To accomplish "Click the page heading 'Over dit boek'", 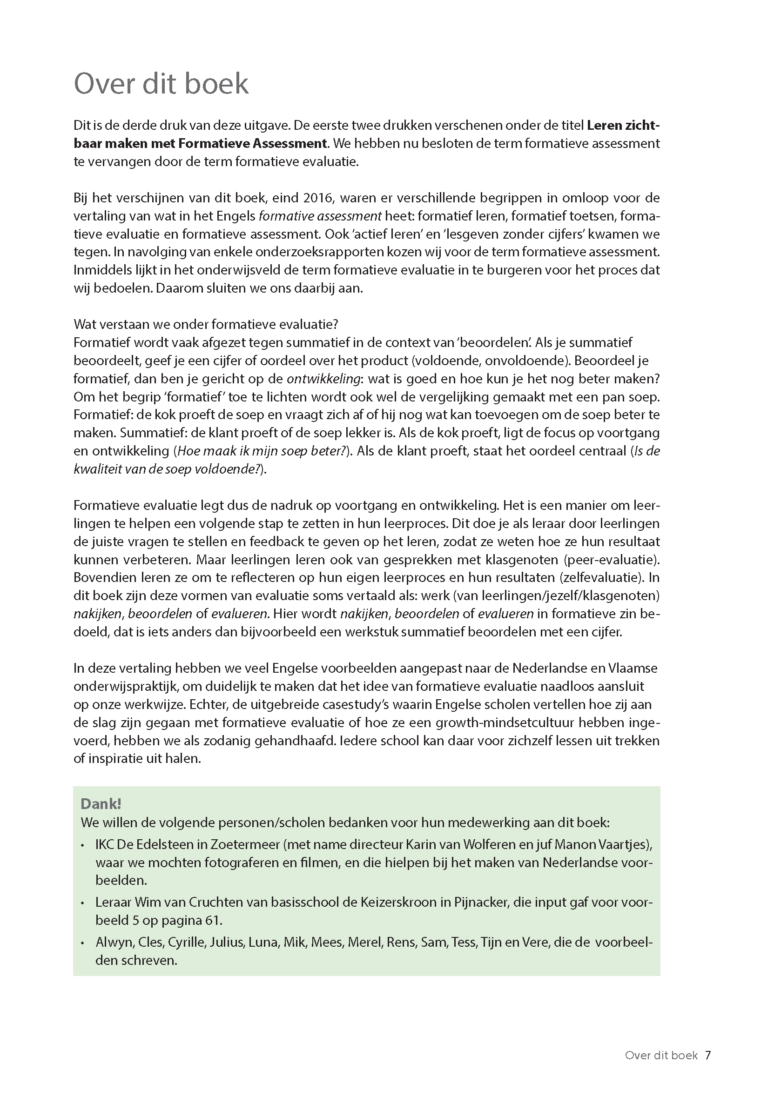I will (161, 83).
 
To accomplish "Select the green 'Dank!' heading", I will (101, 803).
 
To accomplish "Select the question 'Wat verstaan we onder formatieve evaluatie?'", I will (206, 324).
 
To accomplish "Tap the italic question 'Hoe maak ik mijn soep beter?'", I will (263, 451).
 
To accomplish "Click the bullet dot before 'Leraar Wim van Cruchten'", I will (83, 903).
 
